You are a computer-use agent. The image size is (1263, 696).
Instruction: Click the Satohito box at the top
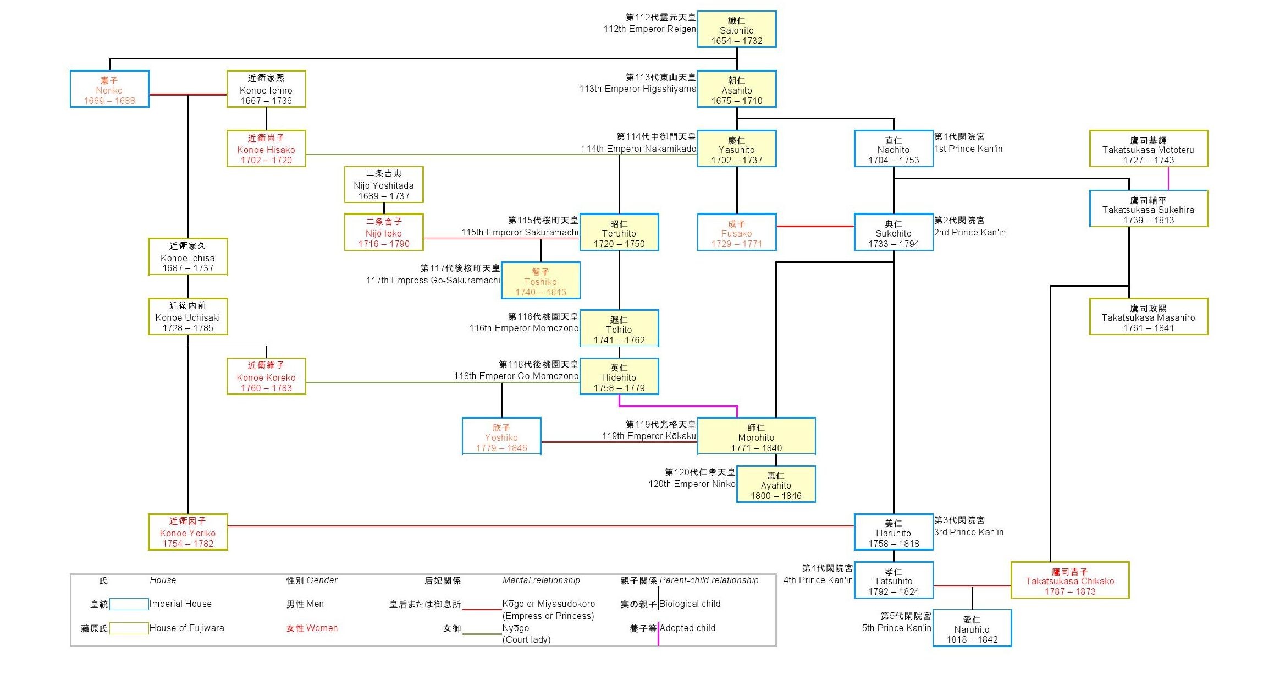[736, 30]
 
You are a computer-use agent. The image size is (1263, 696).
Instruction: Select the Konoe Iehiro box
[266, 89]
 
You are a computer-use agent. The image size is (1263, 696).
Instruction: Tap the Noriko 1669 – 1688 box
[109, 89]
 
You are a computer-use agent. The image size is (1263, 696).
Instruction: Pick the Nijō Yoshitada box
[384, 185]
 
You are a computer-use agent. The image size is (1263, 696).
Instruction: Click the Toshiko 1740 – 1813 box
[541, 281]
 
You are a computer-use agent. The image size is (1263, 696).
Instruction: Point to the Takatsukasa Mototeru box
[1148, 149]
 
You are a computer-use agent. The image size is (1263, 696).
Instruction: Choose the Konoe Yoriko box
[187, 532]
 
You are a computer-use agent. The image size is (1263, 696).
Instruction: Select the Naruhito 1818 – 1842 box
[972, 628]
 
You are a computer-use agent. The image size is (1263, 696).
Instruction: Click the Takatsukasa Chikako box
[1069, 580]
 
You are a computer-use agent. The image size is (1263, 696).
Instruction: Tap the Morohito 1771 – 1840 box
[756, 437]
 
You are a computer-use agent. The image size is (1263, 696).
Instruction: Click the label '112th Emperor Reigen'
[649, 29]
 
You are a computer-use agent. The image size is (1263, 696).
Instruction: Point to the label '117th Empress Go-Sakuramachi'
[433, 281]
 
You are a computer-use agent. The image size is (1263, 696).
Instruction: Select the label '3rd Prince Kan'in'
[968, 532]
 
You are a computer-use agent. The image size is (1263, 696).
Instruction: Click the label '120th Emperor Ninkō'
[692, 484]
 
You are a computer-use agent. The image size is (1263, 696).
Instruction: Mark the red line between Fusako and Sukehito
[815, 226]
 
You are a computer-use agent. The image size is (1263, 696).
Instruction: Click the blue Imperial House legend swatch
[129, 604]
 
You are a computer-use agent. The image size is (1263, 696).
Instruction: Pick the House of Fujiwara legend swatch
[129, 628]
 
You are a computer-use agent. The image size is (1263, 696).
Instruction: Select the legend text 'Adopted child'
[687, 628]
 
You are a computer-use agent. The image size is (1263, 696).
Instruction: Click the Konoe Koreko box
[266, 377]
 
